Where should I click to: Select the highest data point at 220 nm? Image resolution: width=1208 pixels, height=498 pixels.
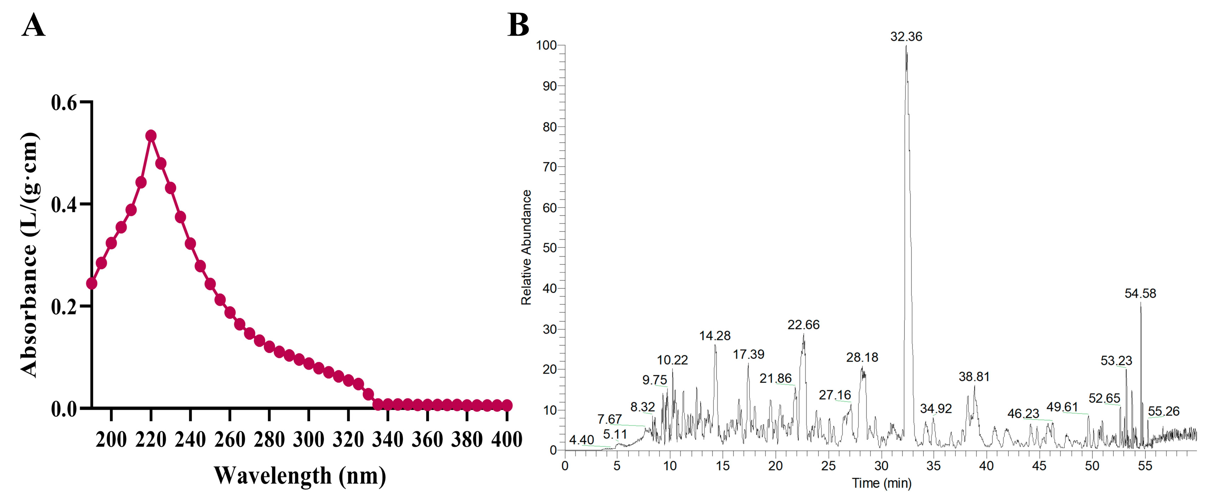(x=151, y=136)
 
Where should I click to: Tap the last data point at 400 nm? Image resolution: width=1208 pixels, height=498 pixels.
(x=507, y=405)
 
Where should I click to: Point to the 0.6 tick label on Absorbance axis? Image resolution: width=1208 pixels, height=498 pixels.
(x=64, y=103)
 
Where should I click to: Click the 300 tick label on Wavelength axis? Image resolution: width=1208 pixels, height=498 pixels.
(x=309, y=440)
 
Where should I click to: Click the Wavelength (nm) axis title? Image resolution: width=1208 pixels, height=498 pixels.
(x=300, y=475)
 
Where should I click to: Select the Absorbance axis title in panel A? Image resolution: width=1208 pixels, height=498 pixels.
(x=29, y=255)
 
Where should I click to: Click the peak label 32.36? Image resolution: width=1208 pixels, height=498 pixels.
(x=906, y=37)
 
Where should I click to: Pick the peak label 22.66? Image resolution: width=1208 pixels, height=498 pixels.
(x=803, y=325)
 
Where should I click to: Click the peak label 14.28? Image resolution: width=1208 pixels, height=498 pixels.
(x=715, y=336)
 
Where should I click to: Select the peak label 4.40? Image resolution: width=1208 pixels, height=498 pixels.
(x=582, y=440)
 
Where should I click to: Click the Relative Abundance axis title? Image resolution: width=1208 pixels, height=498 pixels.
(x=526, y=247)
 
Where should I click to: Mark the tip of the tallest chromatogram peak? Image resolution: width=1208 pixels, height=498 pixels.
(x=906, y=46)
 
